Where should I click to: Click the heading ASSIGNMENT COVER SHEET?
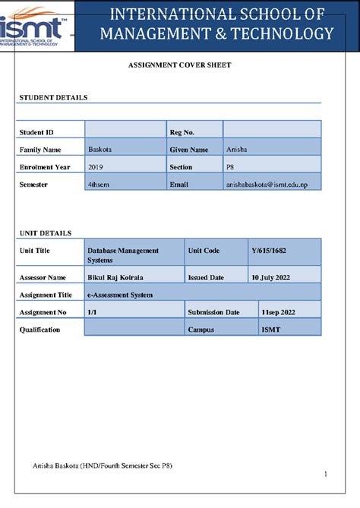coord(179,65)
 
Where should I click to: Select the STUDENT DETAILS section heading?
coord(53,98)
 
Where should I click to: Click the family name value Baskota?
coord(100,150)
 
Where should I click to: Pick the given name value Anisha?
coord(236,150)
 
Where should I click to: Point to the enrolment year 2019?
coord(96,167)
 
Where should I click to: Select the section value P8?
coord(231,167)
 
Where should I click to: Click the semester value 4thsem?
coord(99,185)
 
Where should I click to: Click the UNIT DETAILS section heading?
coord(46,233)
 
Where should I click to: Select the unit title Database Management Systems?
coord(123,254)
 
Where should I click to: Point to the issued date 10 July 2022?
coord(271,278)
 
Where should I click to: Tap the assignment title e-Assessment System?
coord(120,295)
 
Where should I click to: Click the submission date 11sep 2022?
coord(278,312)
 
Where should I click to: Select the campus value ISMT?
coord(270,330)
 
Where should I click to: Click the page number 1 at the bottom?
coord(325,475)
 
